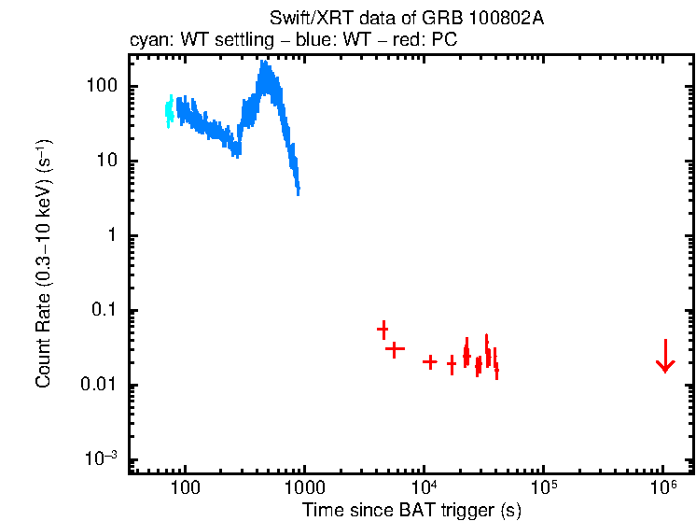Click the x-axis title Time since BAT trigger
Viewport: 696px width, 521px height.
point(411,510)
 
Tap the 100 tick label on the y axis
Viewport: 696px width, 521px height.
point(98,87)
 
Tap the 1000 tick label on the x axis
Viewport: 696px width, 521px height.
point(304,488)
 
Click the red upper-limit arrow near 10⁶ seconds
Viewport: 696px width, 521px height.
point(664,356)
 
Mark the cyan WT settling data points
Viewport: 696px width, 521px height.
point(169,111)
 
